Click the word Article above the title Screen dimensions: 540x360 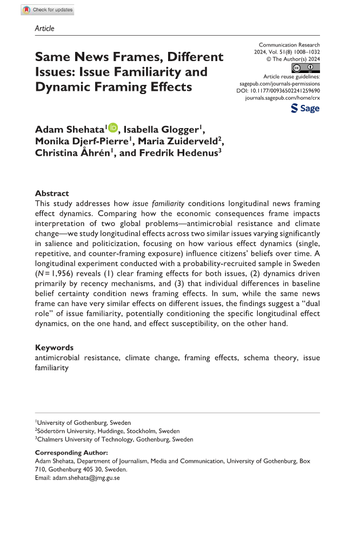[x=44, y=28]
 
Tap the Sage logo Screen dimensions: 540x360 [x=305, y=108]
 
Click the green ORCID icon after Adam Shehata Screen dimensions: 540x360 [x=113, y=128]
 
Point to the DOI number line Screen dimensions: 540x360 [x=278, y=92]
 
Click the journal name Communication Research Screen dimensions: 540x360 [x=289, y=45]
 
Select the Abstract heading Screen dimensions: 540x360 [x=52, y=193]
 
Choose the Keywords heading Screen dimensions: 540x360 [x=54, y=348]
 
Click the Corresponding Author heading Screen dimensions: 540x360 [x=71, y=452]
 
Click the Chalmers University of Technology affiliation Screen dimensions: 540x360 [x=115, y=439]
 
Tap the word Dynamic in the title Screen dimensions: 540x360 [x=59, y=86]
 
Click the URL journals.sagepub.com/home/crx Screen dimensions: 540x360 [x=282, y=99]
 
